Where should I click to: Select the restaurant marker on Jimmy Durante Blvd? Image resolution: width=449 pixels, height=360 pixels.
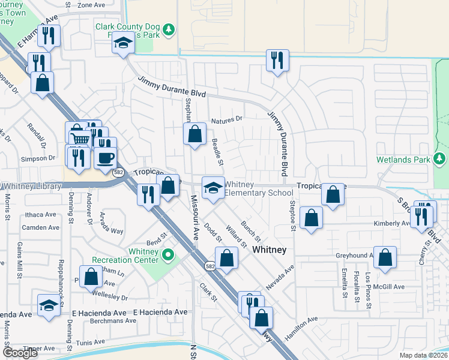[x=277, y=61]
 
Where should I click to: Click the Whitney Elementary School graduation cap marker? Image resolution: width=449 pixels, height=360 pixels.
[x=212, y=188]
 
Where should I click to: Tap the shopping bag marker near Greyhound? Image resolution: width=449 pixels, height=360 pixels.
[x=385, y=258]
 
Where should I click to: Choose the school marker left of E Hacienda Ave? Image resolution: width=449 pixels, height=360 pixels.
[x=49, y=306]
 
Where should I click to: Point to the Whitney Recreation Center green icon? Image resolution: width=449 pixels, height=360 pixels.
[x=169, y=255]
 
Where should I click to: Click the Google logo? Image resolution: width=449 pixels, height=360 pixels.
[x=20, y=352]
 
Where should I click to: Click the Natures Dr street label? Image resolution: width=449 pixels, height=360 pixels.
[x=227, y=119]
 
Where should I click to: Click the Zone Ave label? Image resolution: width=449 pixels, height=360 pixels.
[x=91, y=5]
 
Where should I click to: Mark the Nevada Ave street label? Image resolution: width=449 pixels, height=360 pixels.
[x=279, y=278]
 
